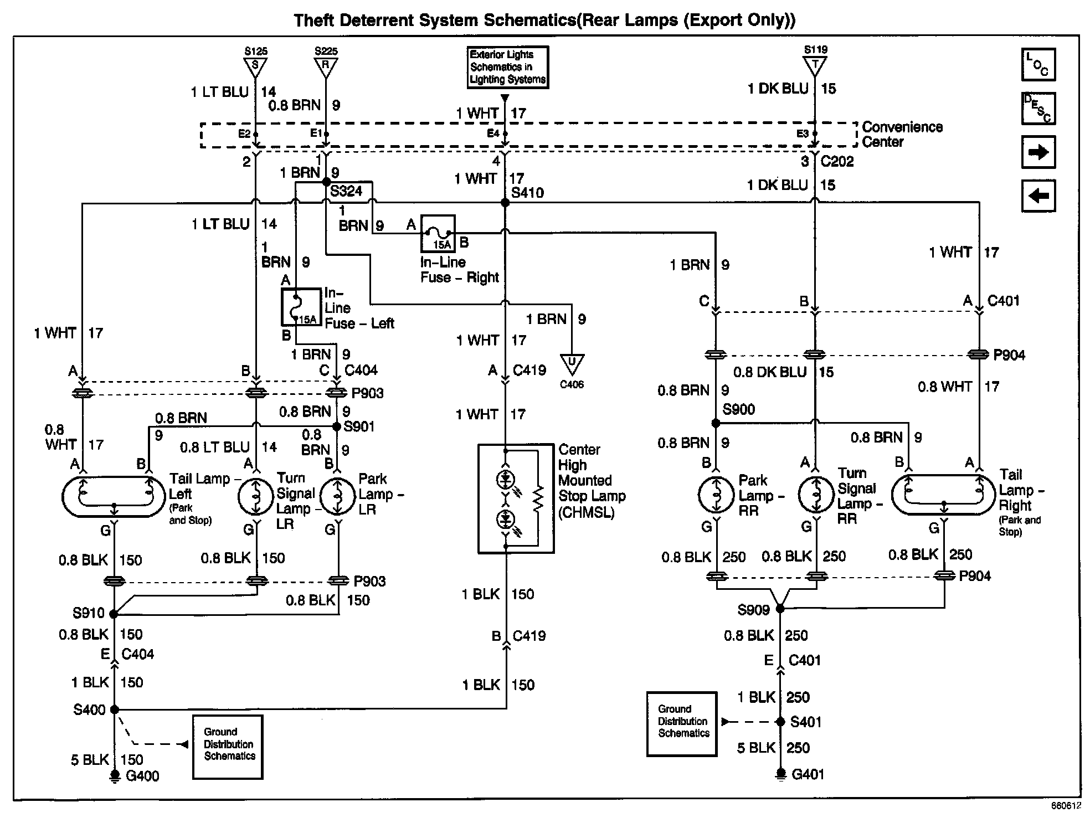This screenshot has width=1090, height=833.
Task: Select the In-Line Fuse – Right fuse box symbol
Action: point(438,233)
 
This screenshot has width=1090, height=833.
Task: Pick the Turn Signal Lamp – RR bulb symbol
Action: point(815,495)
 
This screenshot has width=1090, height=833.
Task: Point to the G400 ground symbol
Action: point(115,776)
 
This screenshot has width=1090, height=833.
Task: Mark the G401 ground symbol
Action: point(780,774)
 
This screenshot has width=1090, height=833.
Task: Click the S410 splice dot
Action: point(505,203)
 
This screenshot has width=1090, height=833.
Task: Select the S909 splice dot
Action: point(780,609)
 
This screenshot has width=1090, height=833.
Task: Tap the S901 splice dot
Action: point(336,426)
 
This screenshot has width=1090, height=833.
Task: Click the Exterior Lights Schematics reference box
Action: point(508,67)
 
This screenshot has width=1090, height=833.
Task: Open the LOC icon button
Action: point(1038,64)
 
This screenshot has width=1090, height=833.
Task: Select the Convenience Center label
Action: point(902,134)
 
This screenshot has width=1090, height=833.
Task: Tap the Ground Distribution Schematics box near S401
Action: point(682,724)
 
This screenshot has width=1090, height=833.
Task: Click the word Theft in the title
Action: point(316,20)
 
